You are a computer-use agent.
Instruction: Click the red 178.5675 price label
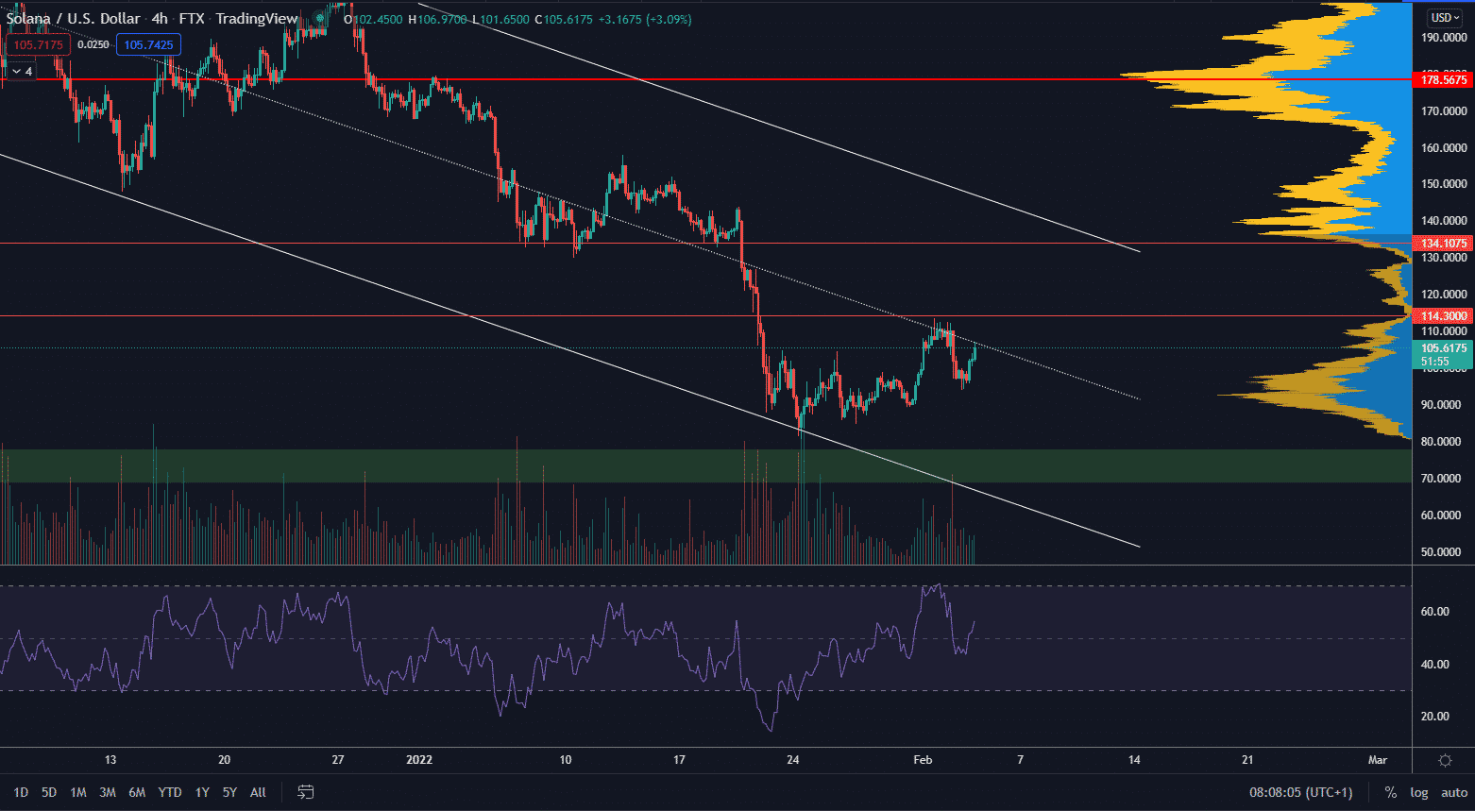point(1444,80)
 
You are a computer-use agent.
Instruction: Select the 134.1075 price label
point(1444,244)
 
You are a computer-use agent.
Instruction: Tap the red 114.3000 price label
point(1444,316)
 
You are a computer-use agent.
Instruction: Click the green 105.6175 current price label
point(1444,348)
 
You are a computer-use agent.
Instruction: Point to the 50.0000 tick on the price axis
point(1444,552)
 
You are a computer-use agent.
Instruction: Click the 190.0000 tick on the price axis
point(1444,38)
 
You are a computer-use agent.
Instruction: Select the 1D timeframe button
point(21,792)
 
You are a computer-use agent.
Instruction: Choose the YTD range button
point(170,792)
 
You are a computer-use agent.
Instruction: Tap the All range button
point(258,792)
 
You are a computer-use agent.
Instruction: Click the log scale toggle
point(1418,792)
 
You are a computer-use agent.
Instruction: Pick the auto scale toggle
point(1454,792)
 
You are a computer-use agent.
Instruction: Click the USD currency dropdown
point(1444,17)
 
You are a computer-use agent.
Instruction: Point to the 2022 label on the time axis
point(418,760)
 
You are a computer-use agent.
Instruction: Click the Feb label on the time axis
point(923,760)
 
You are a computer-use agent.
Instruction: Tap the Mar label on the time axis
point(1378,760)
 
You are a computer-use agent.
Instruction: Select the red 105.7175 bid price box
point(39,45)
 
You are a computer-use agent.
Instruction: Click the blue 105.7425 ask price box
point(148,45)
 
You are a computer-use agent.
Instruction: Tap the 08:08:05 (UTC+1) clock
point(1301,792)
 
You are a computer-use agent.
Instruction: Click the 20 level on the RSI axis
point(1434,717)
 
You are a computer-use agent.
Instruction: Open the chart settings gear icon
point(1445,760)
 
